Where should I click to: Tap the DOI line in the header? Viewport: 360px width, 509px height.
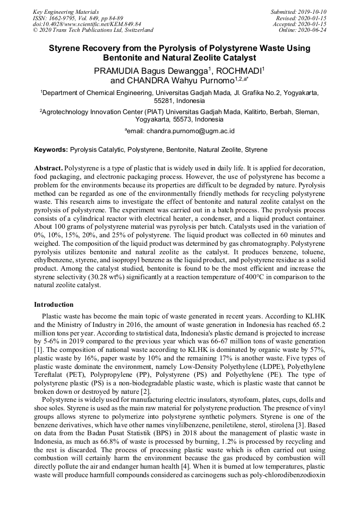(x=87, y=24)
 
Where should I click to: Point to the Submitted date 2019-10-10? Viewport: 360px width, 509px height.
(x=311, y=12)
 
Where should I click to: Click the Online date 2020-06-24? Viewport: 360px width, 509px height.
(x=311, y=30)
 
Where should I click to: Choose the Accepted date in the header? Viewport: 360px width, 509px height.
(x=311, y=24)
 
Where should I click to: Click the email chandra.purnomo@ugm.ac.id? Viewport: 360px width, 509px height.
(x=190, y=131)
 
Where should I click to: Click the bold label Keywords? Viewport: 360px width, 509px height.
(x=50, y=150)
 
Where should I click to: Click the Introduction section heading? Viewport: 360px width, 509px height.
(x=54, y=305)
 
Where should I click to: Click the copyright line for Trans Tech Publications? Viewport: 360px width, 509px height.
(x=93, y=30)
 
